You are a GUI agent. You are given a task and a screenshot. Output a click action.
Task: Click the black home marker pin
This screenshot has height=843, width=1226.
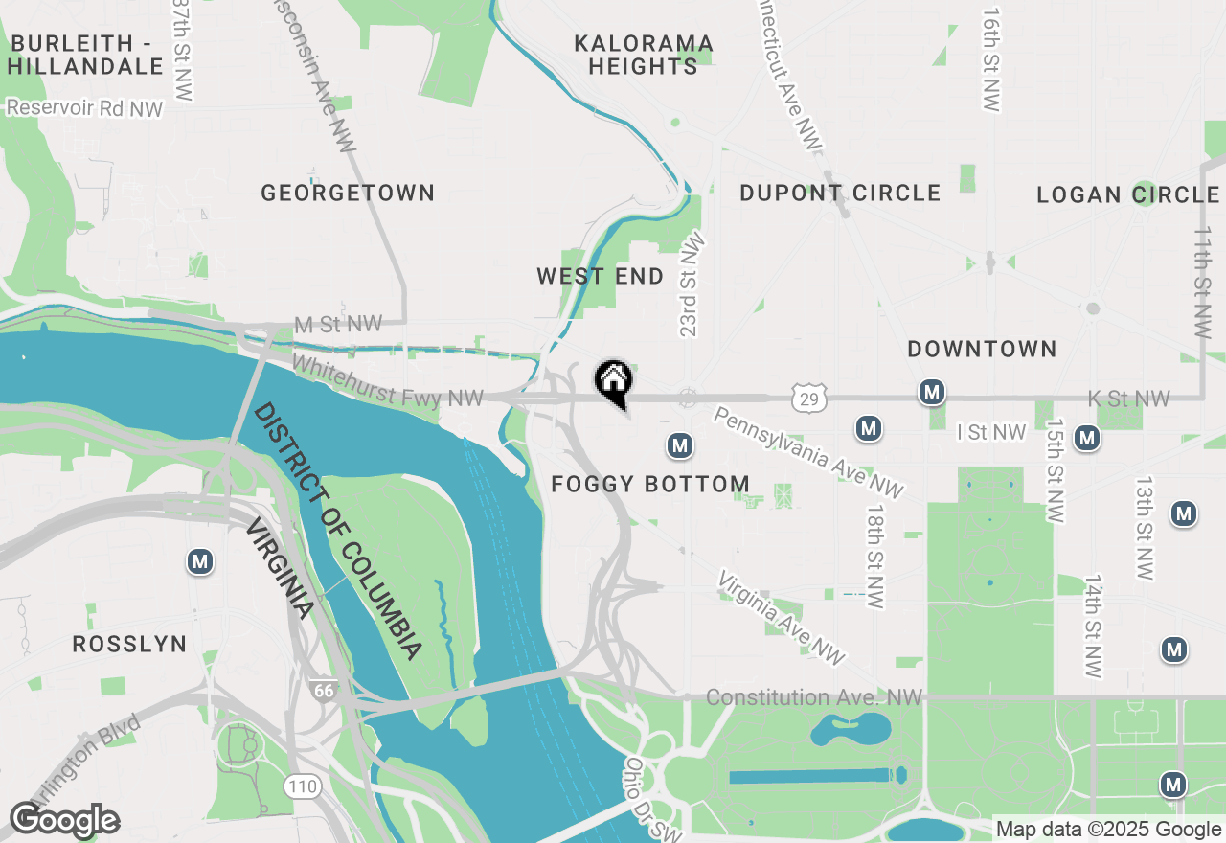(613, 381)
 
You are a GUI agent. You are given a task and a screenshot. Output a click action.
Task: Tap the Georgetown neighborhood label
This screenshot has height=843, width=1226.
(348, 194)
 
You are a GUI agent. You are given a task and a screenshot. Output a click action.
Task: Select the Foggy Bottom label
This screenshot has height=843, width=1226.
(650, 484)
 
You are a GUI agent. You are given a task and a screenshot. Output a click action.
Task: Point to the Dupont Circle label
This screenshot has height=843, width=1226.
(840, 194)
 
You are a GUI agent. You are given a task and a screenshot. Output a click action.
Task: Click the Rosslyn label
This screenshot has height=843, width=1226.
(129, 644)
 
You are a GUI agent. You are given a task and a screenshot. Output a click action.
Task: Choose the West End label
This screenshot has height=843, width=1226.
(600, 277)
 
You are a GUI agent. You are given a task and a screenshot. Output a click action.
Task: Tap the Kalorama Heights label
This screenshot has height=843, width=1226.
(644, 55)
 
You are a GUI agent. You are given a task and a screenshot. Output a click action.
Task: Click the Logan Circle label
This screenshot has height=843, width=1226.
(1127, 195)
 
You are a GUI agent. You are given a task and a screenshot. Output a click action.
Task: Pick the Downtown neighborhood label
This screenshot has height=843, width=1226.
(982, 350)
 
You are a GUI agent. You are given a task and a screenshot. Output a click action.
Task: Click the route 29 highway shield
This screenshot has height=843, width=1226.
(810, 399)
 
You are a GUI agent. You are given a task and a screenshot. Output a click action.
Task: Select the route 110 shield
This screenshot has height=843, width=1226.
(302, 786)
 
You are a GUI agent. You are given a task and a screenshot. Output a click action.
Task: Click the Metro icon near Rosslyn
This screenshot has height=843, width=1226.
(200, 561)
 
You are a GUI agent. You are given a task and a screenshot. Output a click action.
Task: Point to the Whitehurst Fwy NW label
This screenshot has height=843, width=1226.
(388, 381)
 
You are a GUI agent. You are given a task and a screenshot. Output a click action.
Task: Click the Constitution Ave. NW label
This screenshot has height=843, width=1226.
(814, 698)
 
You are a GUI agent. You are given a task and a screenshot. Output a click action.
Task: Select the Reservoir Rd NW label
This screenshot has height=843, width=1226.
(84, 108)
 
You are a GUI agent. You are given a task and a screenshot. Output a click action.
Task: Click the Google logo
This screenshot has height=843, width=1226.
(64, 821)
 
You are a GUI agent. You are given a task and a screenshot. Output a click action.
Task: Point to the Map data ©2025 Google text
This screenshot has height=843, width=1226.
(1107, 830)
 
